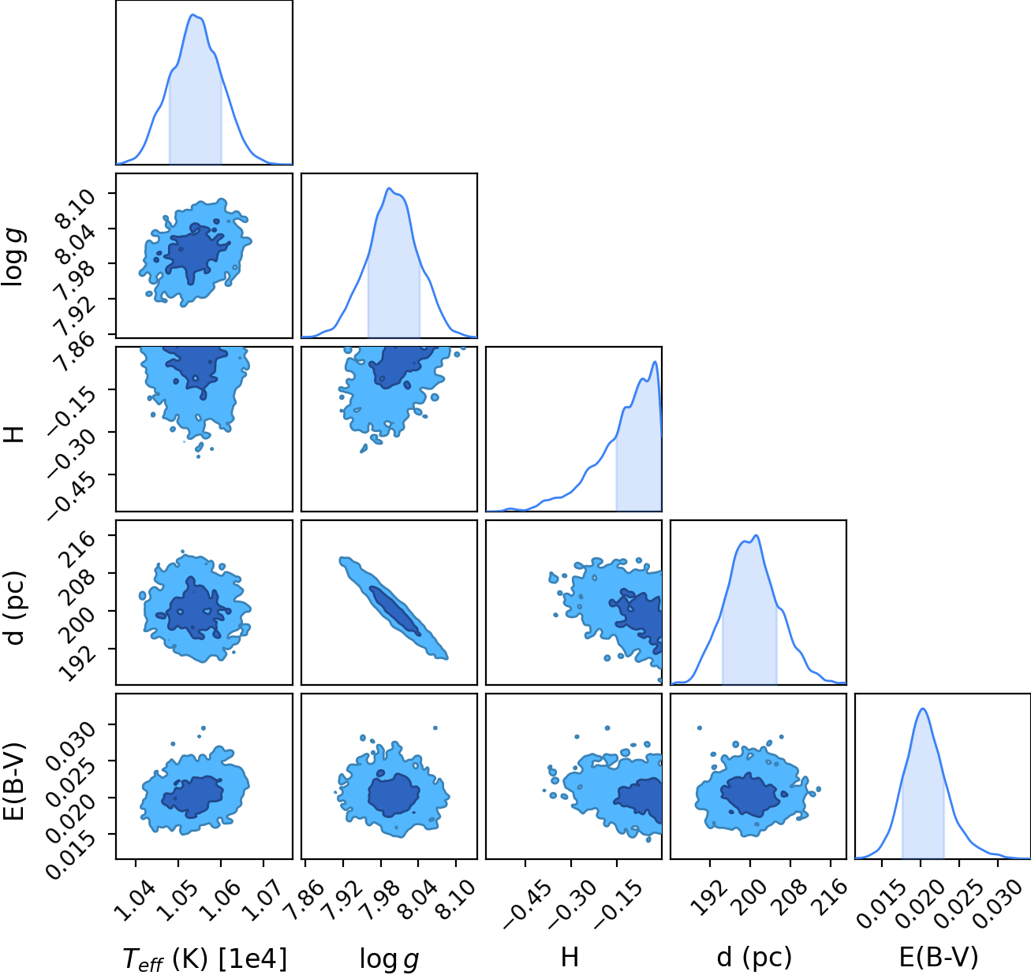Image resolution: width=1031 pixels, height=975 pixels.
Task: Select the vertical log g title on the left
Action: click(15, 257)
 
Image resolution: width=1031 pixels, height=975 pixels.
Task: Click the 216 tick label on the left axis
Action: click(80, 550)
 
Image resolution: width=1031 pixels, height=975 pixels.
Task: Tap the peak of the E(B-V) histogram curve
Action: click(923, 709)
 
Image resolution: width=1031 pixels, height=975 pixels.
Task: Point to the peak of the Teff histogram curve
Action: click(194, 15)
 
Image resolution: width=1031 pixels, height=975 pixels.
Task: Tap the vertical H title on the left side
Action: click(15, 434)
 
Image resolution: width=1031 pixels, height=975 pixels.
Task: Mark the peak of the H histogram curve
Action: click(655, 362)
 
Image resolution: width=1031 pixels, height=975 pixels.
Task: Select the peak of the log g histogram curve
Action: click(389, 188)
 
